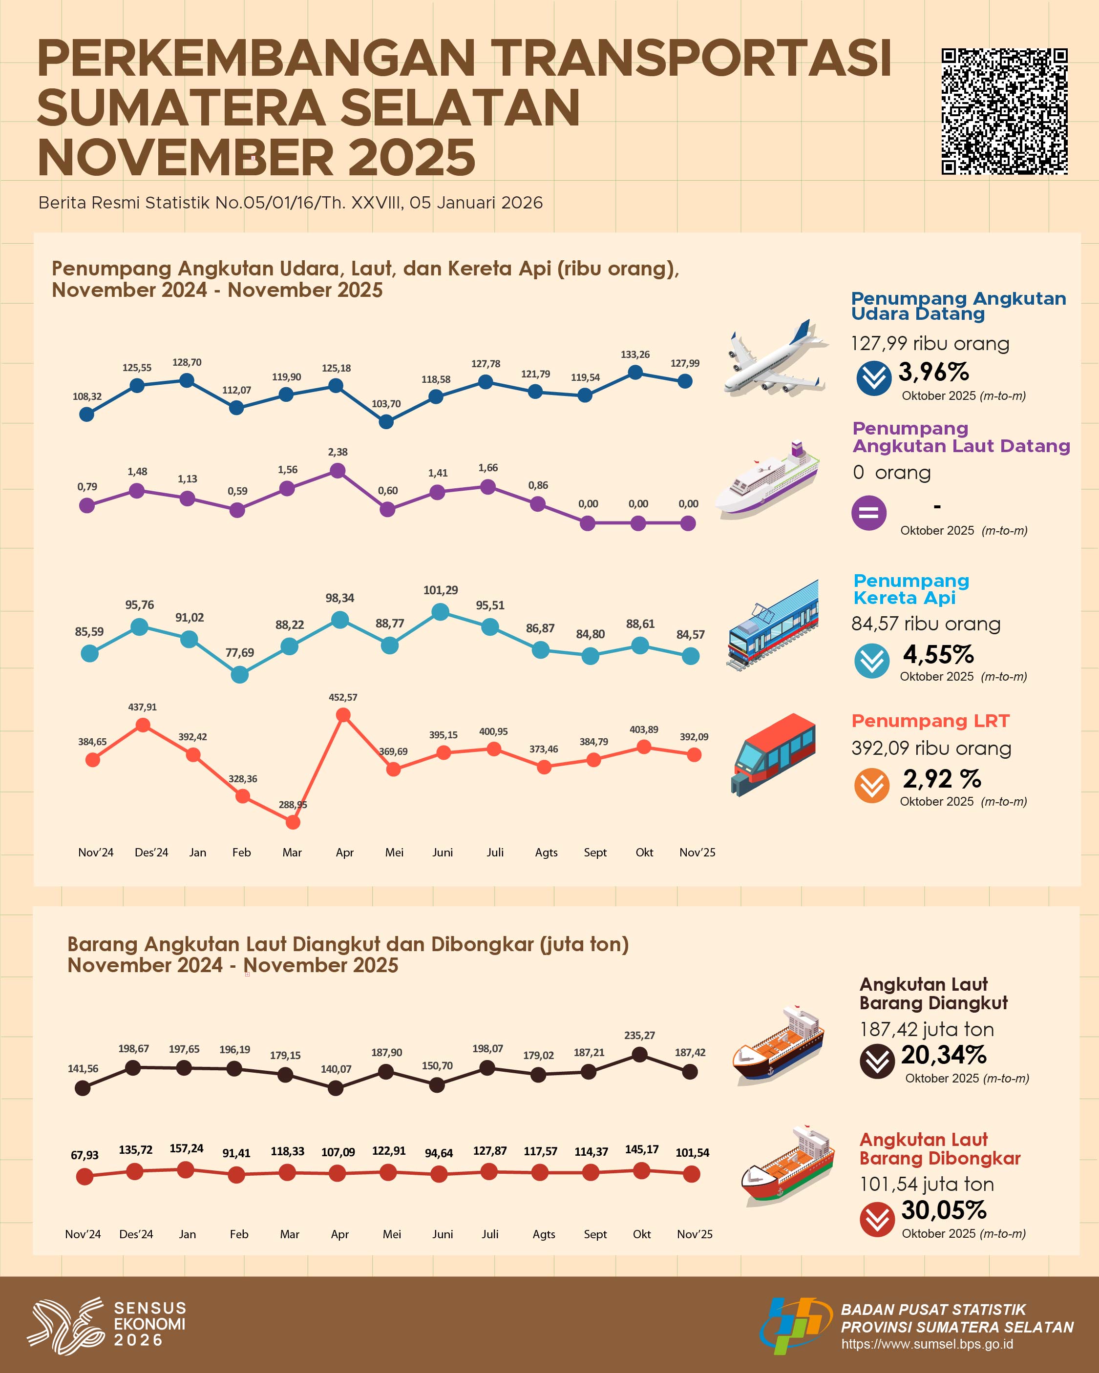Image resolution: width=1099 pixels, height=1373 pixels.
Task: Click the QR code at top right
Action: tap(1004, 111)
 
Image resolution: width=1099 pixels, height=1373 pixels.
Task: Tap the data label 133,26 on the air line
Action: tap(634, 354)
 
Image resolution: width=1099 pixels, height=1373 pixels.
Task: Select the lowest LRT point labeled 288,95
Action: tap(293, 822)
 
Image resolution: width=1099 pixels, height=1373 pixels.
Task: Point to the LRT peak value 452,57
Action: tap(343, 697)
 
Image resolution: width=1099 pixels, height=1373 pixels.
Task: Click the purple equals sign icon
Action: tap(868, 513)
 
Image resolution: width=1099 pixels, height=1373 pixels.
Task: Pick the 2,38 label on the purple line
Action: tap(338, 452)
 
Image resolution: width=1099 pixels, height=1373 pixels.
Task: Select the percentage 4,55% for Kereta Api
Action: tap(938, 654)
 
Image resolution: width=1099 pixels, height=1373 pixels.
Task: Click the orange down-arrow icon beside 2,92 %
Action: tap(871, 785)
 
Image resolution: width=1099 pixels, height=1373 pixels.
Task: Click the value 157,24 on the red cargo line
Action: tap(186, 1148)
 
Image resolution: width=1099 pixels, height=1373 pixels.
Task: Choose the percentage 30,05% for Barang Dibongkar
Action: tap(944, 1210)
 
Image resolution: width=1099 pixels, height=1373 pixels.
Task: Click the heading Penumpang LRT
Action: tap(930, 721)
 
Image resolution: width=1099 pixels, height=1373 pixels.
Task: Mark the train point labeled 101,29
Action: tap(440, 612)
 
